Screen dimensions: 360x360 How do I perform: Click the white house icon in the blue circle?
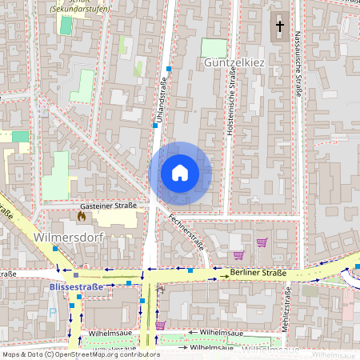180,172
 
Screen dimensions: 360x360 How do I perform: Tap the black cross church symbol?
280,26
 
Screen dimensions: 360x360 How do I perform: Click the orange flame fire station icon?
81,215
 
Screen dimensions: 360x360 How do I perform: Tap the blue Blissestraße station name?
77,286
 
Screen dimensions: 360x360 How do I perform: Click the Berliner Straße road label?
258,273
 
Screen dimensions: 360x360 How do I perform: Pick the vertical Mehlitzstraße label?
286,310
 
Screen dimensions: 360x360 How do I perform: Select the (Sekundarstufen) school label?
80,7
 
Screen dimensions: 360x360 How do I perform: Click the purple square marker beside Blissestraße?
76,275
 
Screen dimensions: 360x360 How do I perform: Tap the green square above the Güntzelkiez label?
214,47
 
